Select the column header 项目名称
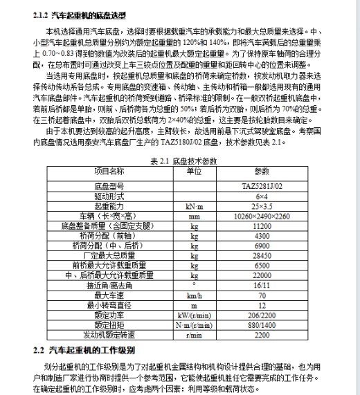click(109, 172)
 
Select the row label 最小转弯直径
click(109, 304)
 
